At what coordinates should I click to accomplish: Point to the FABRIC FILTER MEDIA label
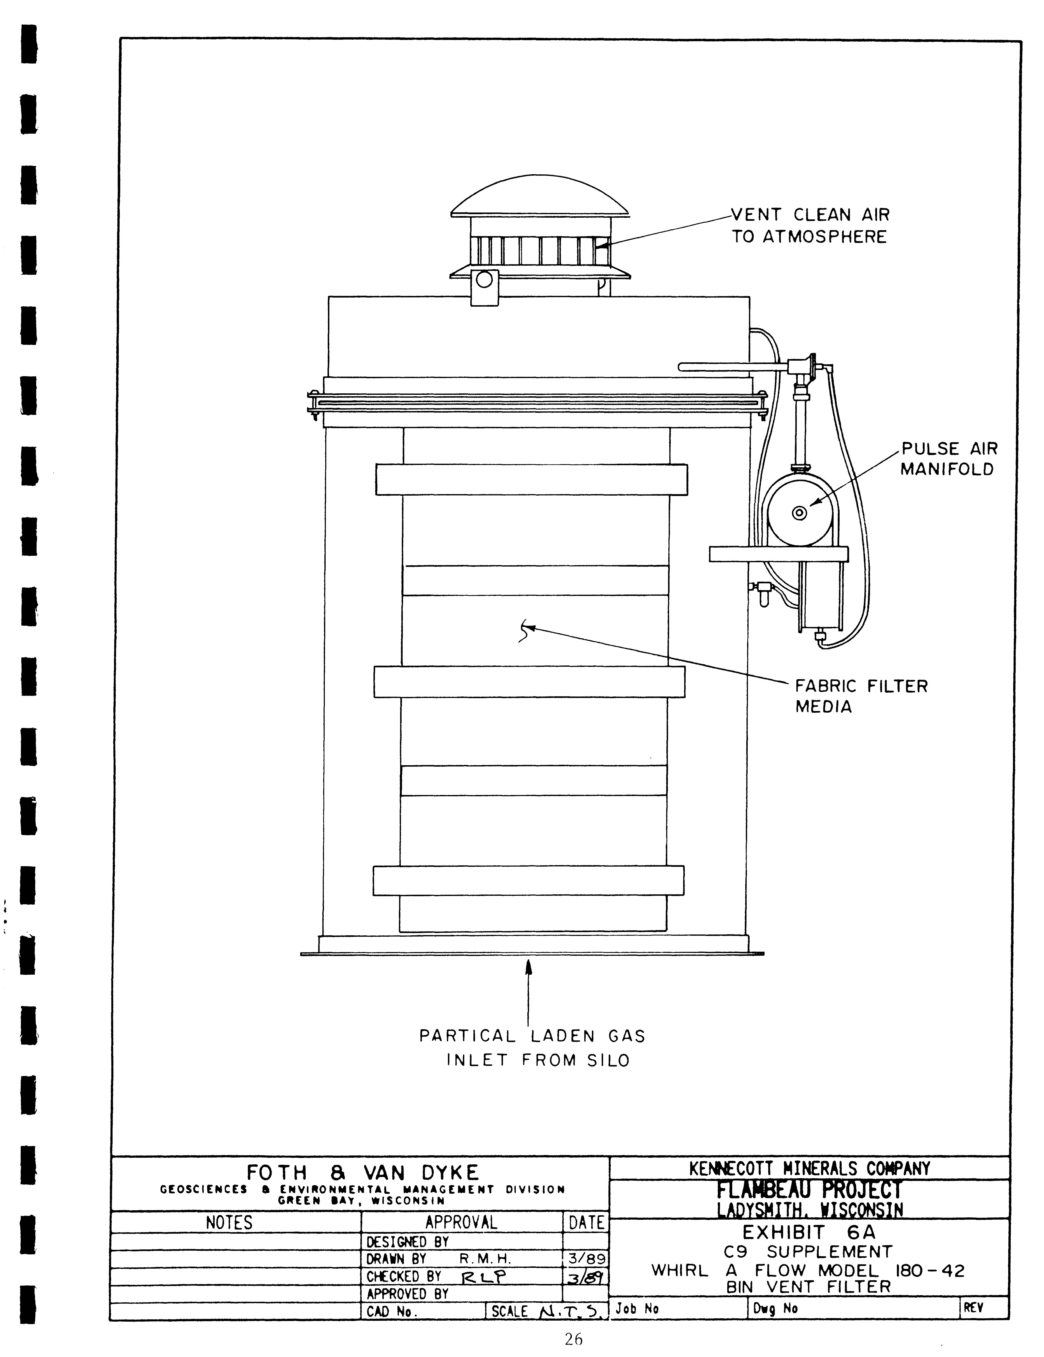861,696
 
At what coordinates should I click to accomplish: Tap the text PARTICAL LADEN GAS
533,1036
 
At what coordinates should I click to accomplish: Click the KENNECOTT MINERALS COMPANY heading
810,1168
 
